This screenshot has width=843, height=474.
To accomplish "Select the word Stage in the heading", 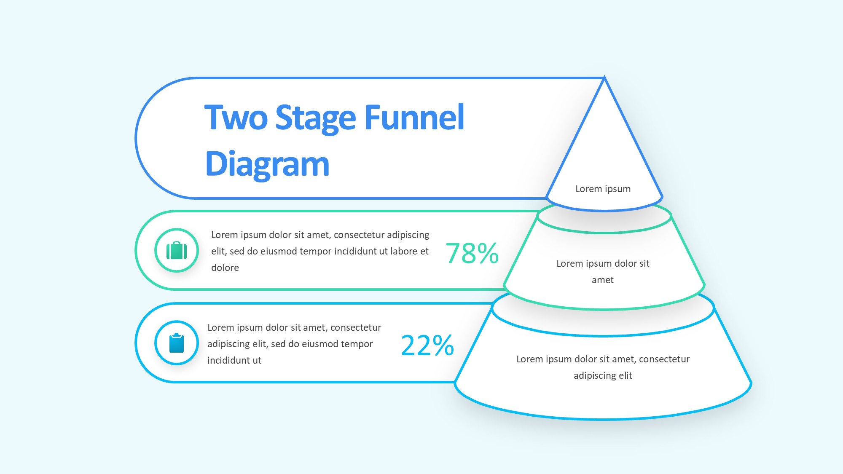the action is pos(316,119).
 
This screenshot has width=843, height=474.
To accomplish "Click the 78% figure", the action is pos(472,253).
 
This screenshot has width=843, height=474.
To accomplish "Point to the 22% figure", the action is pos(427,345).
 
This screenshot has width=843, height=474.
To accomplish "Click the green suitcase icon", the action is pos(177,250).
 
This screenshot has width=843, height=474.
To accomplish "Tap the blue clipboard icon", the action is pos(177,343).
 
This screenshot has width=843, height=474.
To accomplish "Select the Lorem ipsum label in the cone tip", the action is pos(603,189).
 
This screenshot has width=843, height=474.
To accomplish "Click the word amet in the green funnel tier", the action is pos(603,280).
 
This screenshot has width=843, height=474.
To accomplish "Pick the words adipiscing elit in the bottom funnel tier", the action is pos(603,375).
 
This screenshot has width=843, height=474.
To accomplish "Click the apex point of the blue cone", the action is pos(604,77).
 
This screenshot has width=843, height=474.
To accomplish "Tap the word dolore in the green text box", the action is pos(225,268).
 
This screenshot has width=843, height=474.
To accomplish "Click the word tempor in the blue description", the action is pos(357,344).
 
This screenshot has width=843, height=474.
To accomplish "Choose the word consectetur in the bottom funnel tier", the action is pos(664,359).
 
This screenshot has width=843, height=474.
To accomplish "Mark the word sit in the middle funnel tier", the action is pos(644,263).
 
